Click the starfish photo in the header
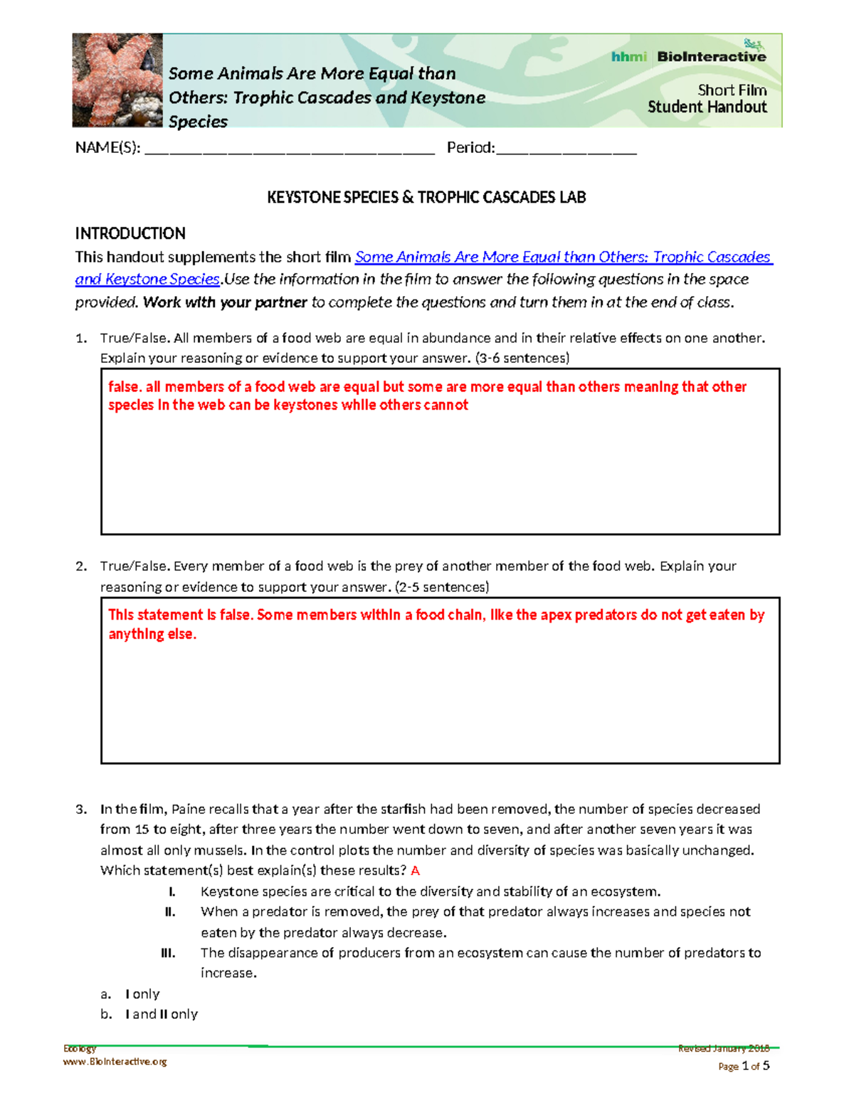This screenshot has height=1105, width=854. coord(117,80)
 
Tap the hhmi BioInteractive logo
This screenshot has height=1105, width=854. coord(688,55)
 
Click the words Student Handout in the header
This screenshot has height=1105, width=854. coord(707,107)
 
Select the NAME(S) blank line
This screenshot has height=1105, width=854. coord(289,149)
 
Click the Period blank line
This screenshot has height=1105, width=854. coord(566,149)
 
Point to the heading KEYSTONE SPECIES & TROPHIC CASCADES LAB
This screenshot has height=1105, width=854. coord(426,198)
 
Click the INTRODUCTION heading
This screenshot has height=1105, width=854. coord(130,233)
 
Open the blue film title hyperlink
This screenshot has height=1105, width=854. coord(562,257)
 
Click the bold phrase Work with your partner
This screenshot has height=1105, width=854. coord(225,302)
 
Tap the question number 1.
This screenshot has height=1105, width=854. coord(81,338)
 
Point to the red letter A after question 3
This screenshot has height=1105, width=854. coord(416,871)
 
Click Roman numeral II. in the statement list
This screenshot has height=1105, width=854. coord(170,912)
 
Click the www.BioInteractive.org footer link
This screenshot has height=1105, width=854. coord(115,1062)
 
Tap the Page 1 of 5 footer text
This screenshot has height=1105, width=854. coord(744,1066)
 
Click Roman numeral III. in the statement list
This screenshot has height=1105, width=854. coord(169,953)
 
